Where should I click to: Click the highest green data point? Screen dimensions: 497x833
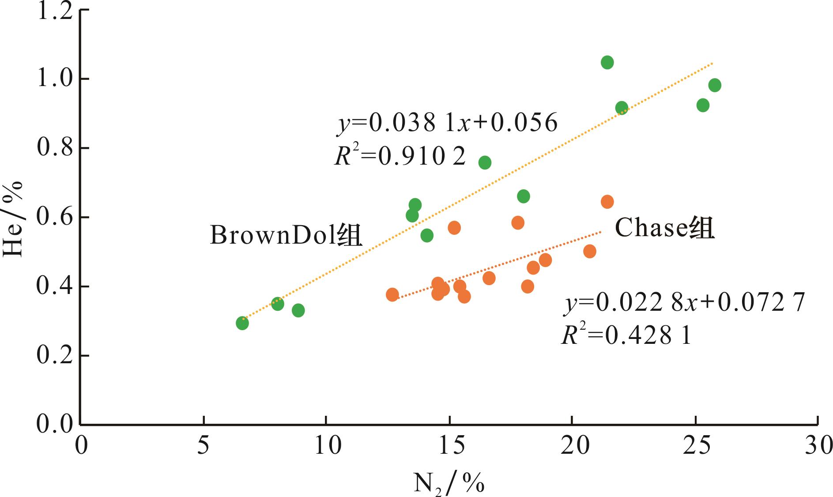point(607,63)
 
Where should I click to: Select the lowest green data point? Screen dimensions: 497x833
point(242,323)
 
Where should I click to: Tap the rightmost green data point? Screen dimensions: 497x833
point(715,85)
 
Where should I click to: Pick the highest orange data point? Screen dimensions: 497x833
point(607,202)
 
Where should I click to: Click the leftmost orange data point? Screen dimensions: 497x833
point(392,294)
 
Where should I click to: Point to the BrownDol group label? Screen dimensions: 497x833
point(286,235)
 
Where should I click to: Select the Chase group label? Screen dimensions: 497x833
point(664,229)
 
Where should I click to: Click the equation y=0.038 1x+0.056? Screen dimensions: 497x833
point(447,123)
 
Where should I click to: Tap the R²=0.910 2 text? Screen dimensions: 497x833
point(400,156)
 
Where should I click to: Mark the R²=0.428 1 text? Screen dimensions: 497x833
point(626,336)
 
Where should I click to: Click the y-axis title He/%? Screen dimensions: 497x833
point(13,219)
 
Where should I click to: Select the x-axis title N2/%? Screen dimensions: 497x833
point(449,483)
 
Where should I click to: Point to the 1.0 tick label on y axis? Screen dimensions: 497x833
point(54,79)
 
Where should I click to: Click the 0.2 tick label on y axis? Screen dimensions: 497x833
point(54,356)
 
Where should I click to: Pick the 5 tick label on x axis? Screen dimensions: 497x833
point(203,446)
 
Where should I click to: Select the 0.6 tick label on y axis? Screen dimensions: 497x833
point(54,217)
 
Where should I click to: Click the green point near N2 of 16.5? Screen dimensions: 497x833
point(485,162)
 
